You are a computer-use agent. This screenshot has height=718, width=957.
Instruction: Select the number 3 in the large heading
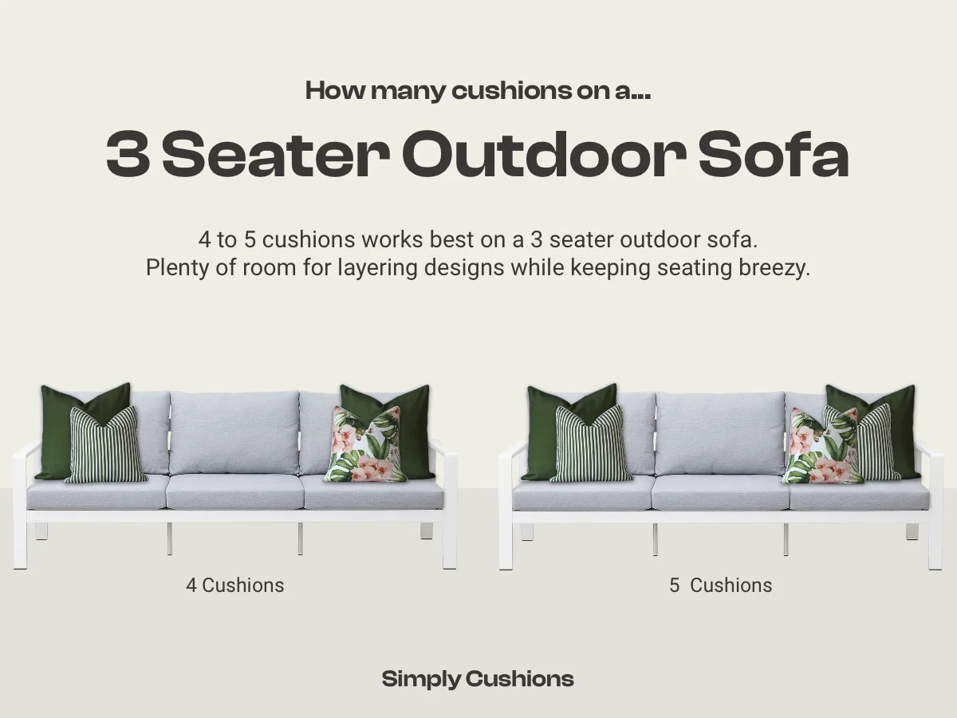pyautogui.click(x=128, y=156)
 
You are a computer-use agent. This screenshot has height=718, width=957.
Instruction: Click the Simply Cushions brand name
pyautogui.click(x=478, y=679)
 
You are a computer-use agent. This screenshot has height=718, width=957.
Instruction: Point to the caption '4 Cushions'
pyautogui.click(x=234, y=585)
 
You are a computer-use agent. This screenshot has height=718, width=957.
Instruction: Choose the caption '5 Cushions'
pyautogui.click(x=720, y=585)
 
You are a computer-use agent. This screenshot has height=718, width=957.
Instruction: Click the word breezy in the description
pyautogui.click(x=773, y=267)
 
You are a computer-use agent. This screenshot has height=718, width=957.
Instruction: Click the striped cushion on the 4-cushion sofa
pyautogui.click(x=106, y=445)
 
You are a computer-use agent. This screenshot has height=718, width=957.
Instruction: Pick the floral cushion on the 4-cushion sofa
pyautogui.click(x=364, y=446)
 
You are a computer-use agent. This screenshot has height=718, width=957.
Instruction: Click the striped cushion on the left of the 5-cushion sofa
pyautogui.click(x=591, y=445)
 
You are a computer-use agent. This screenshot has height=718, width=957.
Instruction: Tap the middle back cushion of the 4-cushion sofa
pyautogui.click(x=234, y=433)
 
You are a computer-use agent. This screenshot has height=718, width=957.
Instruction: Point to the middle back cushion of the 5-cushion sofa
pyautogui.click(x=720, y=433)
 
